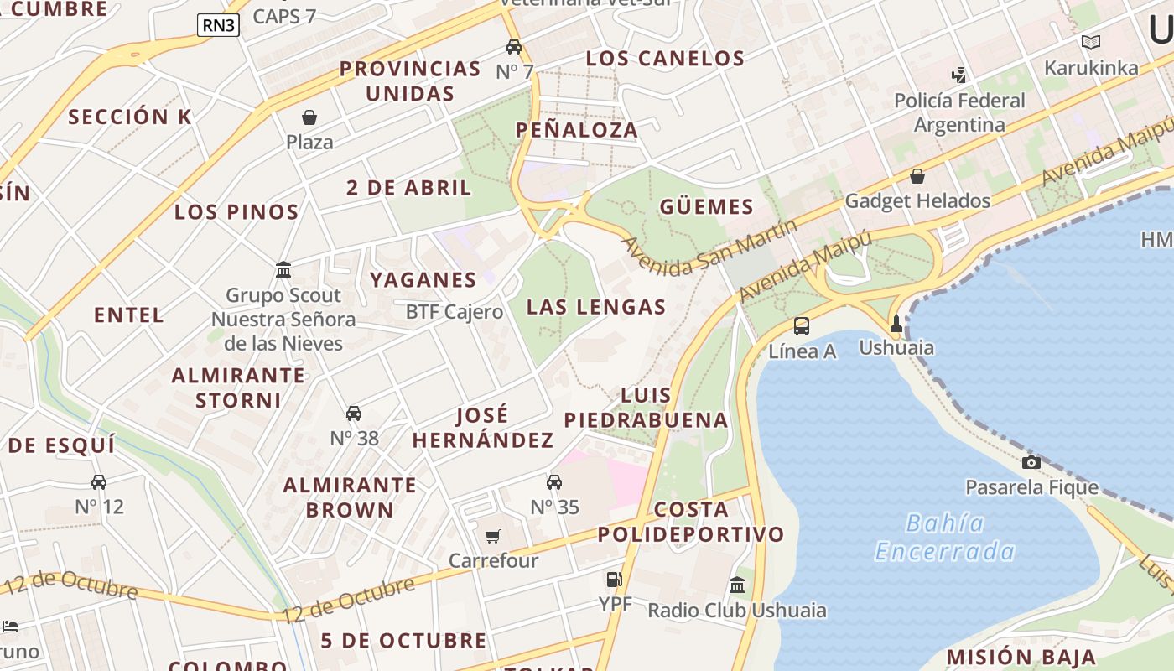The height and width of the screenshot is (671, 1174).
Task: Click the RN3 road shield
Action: (x=219, y=25)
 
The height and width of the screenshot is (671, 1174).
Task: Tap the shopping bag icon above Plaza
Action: (x=309, y=117)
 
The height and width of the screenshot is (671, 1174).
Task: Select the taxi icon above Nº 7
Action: (x=514, y=47)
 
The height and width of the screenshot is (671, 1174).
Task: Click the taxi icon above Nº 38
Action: (x=354, y=414)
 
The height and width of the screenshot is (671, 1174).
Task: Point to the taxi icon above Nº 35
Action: (x=554, y=482)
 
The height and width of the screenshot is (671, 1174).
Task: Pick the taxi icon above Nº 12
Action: (x=99, y=482)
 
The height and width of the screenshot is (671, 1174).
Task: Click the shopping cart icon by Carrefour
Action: (x=493, y=536)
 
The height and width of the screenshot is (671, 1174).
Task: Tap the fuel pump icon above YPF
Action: (x=615, y=579)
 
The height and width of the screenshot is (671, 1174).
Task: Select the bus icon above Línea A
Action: (x=802, y=326)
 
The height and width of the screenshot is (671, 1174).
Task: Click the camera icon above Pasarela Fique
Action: (x=1031, y=462)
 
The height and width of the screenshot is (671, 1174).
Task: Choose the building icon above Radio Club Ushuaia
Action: (x=737, y=585)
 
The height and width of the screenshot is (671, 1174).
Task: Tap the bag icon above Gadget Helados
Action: (x=917, y=176)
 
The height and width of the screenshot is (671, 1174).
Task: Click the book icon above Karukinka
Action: (x=1090, y=43)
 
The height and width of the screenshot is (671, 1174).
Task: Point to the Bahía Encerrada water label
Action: (x=945, y=537)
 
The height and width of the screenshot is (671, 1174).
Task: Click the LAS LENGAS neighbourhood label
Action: (x=596, y=307)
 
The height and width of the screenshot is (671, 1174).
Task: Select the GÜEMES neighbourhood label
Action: (x=706, y=206)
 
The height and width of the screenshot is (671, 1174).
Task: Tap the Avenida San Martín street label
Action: (x=709, y=247)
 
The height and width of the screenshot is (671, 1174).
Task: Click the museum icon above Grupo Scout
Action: (x=283, y=270)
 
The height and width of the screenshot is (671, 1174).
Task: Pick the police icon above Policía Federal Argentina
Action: (x=958, y=75)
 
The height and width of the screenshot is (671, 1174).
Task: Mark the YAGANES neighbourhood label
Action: (x=423, y=279)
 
